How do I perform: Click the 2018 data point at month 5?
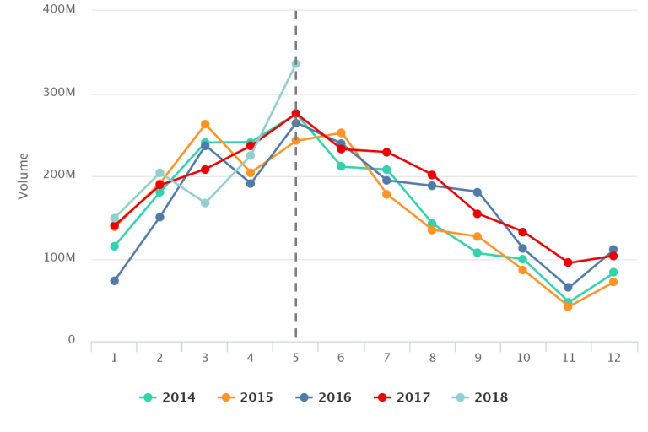coord(295,63)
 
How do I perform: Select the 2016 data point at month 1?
coord(114,281)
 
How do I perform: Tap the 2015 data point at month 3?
coord(205,124)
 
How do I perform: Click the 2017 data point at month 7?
coord(386,152)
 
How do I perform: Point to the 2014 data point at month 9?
coord(478,253)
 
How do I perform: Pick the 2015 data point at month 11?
coord(568,306)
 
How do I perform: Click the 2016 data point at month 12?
coord(613,250)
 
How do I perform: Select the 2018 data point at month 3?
coord(205,203)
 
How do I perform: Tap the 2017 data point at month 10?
coord(523,232)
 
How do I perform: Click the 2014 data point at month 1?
coord(114,246)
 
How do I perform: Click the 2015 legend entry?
coord(246,398)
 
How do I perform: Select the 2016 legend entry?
coord(324,398)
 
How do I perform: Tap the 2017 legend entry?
coord(402,398)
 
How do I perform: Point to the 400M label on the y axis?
coord(59,9)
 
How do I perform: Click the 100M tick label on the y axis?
coord(59,258)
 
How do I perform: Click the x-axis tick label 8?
coord(432,358)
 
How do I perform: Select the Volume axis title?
coord(24,175)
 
